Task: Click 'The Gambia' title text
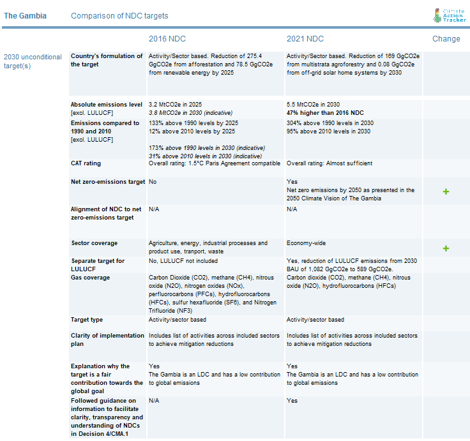coord(25,16)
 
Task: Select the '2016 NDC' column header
coord(167,39)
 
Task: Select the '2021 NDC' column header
coord(305,39)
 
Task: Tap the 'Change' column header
coord(446,39)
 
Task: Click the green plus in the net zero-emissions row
coord(446,191)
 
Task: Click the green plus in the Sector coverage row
coord(446,248)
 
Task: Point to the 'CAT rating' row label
coord(86,163)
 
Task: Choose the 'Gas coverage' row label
coord(93,278)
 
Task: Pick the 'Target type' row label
coord(87,320)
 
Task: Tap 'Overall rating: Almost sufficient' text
coord(329,163)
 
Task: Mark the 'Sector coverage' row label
coord(94,243)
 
